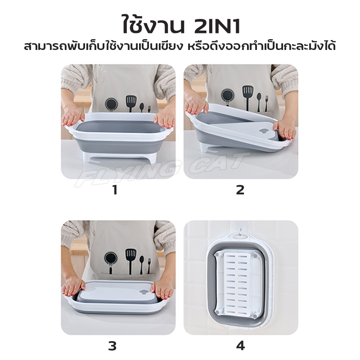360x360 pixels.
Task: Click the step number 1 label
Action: tap(115, 190)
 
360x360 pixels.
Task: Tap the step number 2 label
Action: tap(240, 190)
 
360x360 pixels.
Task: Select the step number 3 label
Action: tap(112, 346)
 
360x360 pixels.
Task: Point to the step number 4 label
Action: tap(240, 346)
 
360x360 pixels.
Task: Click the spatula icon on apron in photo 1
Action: tap(130, 103)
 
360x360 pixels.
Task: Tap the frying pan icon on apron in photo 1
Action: tap(111, 104)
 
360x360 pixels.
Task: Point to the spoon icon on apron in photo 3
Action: tap(142, 265)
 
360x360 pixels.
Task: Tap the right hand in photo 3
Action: tap(163, 290)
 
